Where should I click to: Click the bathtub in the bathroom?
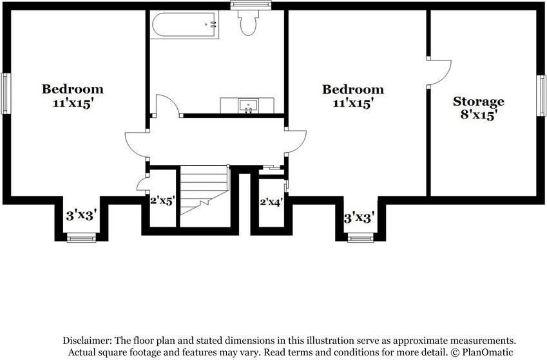coord(184,25)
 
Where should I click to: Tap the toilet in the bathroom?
coord(248,23)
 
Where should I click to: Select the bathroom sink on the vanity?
coord(247,104)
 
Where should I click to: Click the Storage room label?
coord(478,102)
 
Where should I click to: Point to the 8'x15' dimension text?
coord(478,115)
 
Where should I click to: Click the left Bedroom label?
coord(73,89)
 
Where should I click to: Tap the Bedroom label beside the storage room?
coord(353,90)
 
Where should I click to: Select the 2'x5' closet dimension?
coord(162,200)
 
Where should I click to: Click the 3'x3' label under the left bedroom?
coord(81,216)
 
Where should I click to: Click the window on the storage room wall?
coord(542,95)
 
